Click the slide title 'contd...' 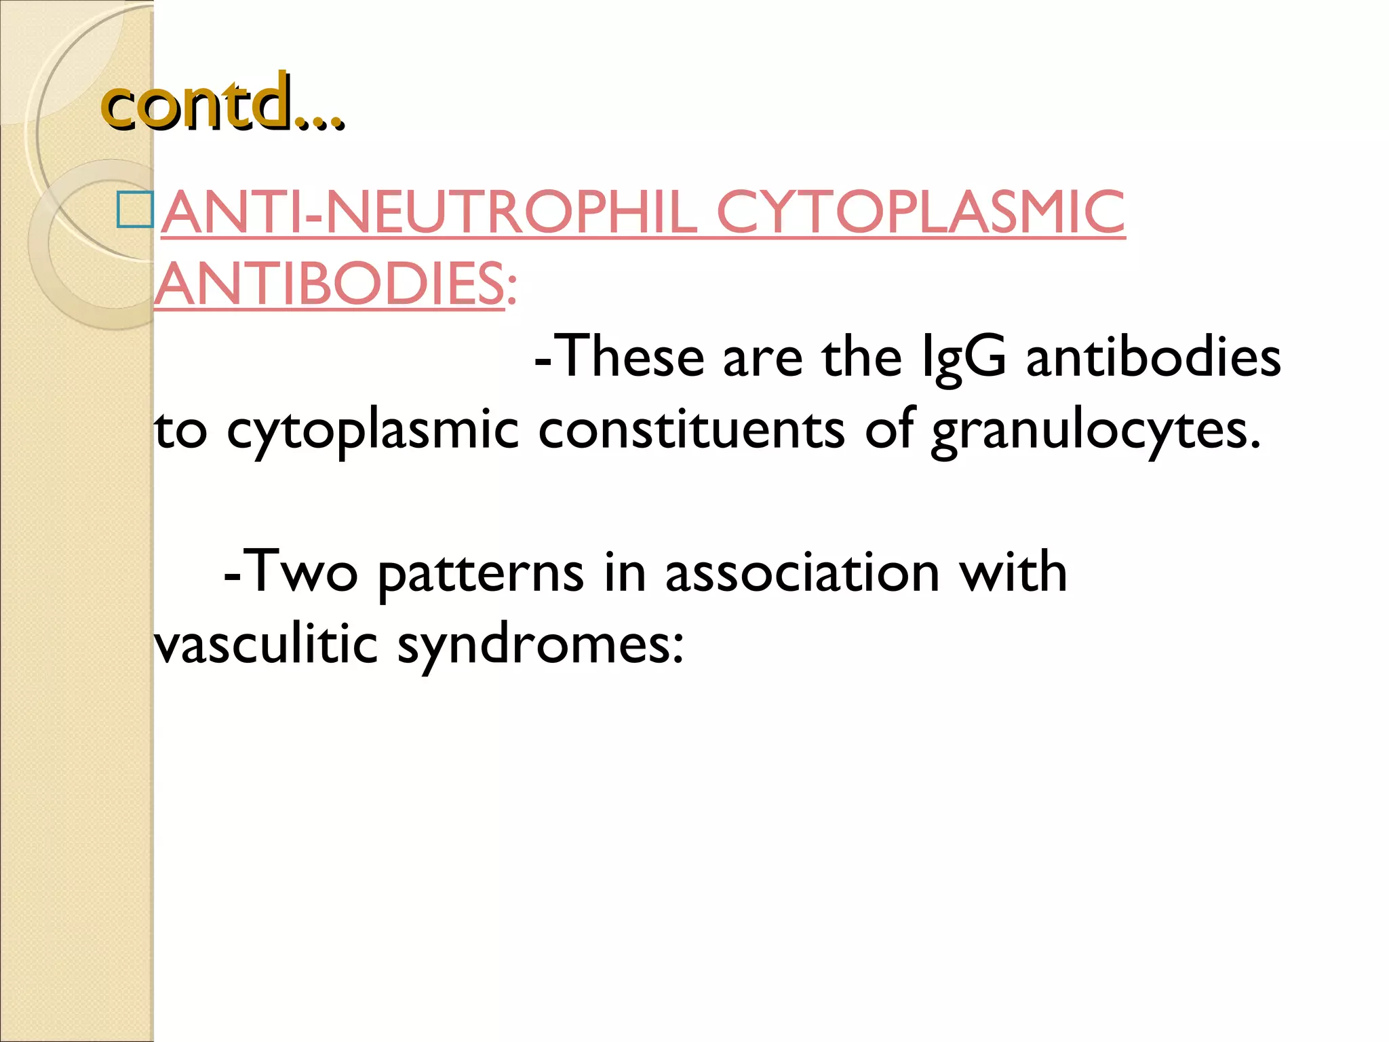point(222,103)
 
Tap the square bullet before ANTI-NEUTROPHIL point(134,210)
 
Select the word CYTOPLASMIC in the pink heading point(920,212)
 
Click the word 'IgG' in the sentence point(964,358)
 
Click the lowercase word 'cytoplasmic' point(372,431)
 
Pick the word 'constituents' point(691,430)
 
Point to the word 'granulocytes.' point(1096,431)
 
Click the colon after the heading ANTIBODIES point(511,292)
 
